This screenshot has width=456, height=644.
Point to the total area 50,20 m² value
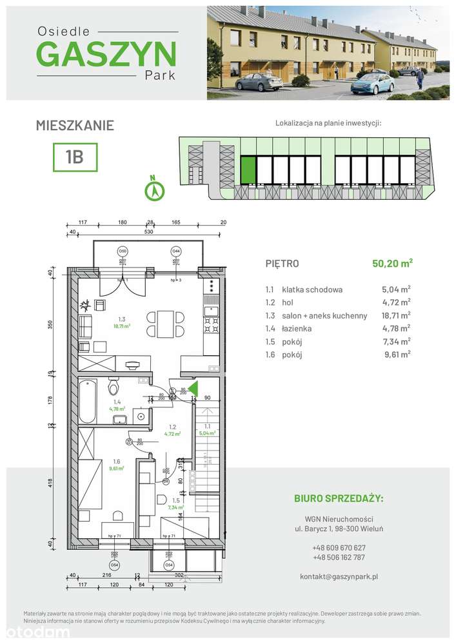392,263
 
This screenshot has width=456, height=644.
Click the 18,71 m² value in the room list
396,315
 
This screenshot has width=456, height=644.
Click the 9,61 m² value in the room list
396,355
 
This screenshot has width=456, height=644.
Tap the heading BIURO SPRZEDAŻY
338,498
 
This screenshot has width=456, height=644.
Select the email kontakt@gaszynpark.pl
338,576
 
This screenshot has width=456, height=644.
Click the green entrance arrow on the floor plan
191,389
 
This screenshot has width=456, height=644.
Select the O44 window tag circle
175,251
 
